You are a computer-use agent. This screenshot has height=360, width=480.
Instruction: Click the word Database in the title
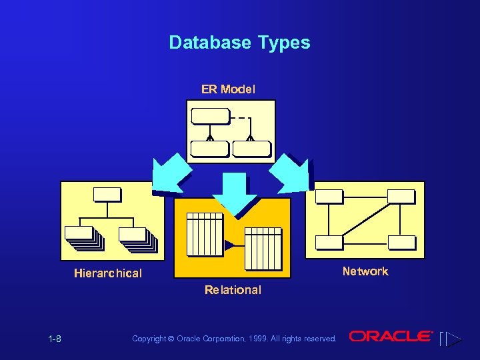point(209,43)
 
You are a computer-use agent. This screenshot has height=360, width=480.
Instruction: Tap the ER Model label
point(228,89)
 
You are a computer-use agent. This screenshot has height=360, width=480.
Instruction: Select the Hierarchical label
point(108,273)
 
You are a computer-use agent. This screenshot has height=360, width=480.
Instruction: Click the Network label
point(365,271)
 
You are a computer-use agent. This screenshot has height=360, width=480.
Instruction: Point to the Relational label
point(233,290)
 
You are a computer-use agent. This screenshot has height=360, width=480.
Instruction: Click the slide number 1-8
point(55,339)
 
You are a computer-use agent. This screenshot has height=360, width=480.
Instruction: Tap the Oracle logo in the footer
point(391,337)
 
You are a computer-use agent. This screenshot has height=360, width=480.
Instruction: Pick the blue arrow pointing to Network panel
point(291,173)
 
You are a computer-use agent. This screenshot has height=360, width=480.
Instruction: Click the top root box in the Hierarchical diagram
point(107,194)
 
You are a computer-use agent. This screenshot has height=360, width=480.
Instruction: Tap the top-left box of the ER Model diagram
point(209,116)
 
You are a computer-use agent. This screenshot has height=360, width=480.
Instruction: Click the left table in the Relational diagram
point(204,234)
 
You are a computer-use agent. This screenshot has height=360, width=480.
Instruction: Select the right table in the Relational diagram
point(263,248)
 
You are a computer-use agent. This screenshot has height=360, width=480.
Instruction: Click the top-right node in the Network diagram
point(401,196)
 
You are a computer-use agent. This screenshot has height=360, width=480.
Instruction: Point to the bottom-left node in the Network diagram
point(329,243)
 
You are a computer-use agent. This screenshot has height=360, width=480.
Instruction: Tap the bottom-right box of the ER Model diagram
point(251,149)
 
